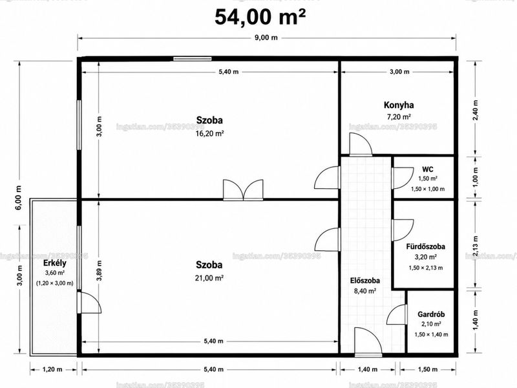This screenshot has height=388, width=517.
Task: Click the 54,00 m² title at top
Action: tap(260, 17)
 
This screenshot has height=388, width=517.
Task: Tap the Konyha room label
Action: tap(399, 105)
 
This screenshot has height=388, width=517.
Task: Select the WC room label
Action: tap(428, 169)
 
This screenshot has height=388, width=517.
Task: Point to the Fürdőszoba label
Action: tap(425, 246)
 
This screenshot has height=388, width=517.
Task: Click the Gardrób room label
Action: tap(431, 314)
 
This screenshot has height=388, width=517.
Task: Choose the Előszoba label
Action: tap(364, 281)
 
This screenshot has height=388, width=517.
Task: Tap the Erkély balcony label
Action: tap(55, 263)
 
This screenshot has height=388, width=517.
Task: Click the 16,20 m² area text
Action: tap(209, 134)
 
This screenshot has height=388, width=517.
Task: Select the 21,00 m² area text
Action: tap(209, 278)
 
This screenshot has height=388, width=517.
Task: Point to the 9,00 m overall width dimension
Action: tap(266, 38)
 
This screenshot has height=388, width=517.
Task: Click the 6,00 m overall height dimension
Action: tap(19, 197)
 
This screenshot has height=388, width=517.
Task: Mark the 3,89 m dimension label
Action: tap(100, 270)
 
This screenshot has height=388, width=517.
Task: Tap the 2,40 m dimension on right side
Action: tap(475, 110)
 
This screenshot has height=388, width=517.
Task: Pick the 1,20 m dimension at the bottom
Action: tap(52, 369)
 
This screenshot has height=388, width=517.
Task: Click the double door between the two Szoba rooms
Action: tap(244, 191)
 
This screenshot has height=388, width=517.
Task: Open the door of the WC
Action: tap(402, 178)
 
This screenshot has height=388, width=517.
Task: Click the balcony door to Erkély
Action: tap(89, 302)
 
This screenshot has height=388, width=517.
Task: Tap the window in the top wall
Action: tap(193, 59)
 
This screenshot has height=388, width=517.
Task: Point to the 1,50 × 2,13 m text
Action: tap(426, 268)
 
